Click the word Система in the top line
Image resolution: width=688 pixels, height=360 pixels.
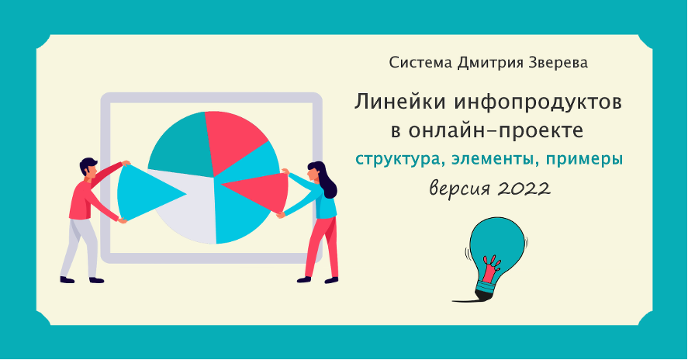click(x=420, y=63)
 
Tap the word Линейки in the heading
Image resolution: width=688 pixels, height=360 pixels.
click(x=400, y=102)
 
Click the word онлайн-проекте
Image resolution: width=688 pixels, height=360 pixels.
click(x=496, y=131)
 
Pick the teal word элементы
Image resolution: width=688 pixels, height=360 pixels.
click(x=493, y=159)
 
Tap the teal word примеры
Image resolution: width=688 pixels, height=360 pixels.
click(x=584, y=159)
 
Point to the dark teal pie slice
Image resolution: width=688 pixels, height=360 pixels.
click(x=178, y=145)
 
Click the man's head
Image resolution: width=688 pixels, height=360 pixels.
click(x=89, y=168)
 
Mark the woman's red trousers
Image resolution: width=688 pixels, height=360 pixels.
click(x=323, y=247)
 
